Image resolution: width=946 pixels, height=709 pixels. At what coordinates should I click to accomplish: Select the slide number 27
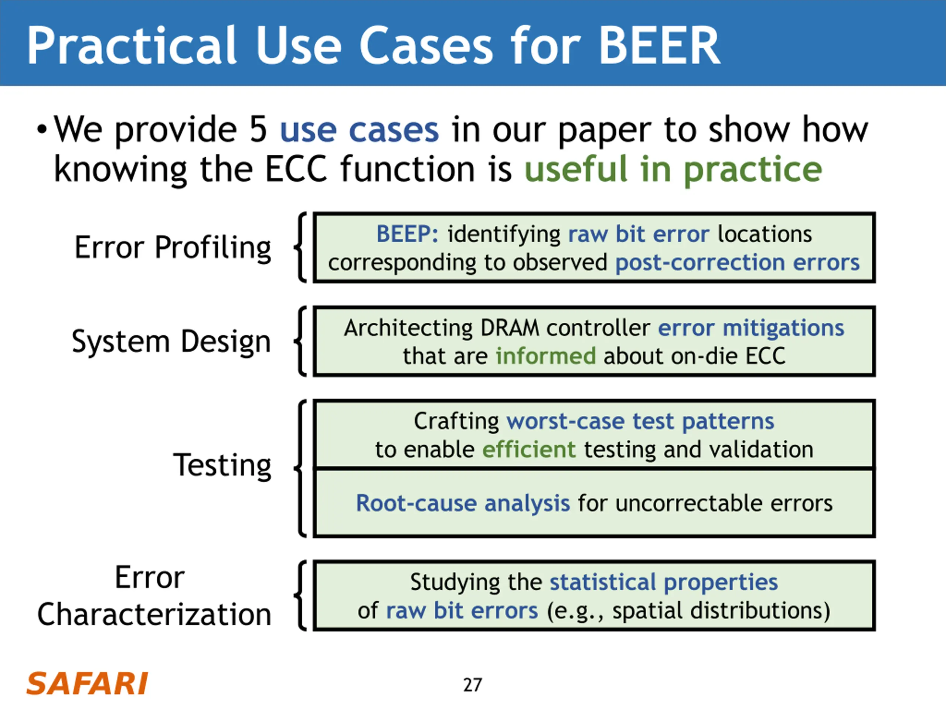(x=473, y=685)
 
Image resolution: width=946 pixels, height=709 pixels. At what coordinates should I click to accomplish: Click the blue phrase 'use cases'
(x=359, y=130)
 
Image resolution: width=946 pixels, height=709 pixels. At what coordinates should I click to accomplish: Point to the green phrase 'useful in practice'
(x=673, y=169)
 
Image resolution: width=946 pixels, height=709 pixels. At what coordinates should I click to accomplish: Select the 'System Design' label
(x=171, y=342)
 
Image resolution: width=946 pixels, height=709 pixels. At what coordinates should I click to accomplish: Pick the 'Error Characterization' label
(x=154, y=596)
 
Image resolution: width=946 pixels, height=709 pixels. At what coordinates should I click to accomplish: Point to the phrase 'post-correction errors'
(x=737, y=263)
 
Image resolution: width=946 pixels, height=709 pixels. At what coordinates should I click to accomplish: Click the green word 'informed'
(x=545, y=356)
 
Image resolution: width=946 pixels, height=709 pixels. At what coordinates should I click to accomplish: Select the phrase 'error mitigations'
(x=751, y=328)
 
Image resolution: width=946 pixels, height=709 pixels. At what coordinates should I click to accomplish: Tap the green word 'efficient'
(x=528, y=450)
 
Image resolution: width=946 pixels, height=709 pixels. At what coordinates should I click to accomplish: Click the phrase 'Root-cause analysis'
(x=463, y=503)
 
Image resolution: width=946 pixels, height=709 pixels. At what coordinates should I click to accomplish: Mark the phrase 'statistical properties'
(x=663, y=582)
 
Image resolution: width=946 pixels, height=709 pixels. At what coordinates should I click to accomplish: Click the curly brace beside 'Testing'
(x=301, y=468)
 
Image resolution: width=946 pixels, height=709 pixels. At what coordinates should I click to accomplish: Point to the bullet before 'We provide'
(x=41, y=129)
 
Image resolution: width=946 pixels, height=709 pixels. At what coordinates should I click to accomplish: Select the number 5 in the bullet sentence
(x=258, y=130)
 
